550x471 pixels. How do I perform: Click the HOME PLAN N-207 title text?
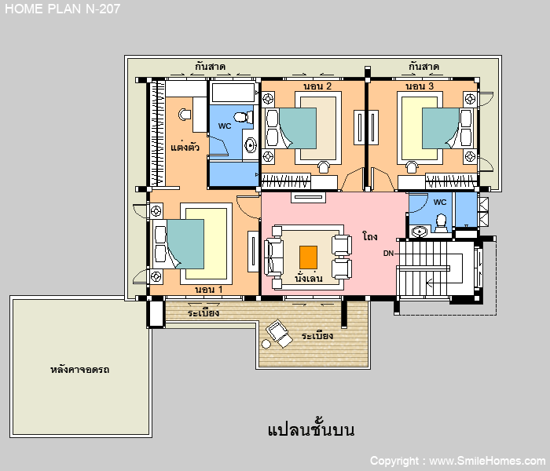click(62, 9)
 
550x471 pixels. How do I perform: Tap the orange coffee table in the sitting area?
click(308, 257)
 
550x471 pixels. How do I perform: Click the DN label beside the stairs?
click(388, 253)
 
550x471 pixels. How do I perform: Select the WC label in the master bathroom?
click(225, 126)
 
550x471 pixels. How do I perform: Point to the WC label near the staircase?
click(440, 203)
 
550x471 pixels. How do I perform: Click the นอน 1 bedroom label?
click(209, 290)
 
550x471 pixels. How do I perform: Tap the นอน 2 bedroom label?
click(317, 86)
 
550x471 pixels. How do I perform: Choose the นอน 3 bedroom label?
click(420, 86)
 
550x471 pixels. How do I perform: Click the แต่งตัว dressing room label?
click(185, 146)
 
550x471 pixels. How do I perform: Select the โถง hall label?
click(370, 236)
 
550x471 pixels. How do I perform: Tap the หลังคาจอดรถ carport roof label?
click(79, 370)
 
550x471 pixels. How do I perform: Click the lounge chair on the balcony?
click(279, 333)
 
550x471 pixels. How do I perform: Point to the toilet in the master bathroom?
click(244, 117)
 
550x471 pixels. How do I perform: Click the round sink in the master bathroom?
click(250, 144)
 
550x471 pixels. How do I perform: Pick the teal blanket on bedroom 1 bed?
click(185, 244)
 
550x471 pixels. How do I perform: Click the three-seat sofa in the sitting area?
click(274, 257)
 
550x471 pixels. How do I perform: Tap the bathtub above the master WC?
click(233, 92)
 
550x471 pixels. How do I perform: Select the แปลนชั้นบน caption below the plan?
click(311, 429)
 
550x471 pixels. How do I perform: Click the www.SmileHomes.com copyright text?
click(488, 461)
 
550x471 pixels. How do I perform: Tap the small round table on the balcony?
click(266, 345)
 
